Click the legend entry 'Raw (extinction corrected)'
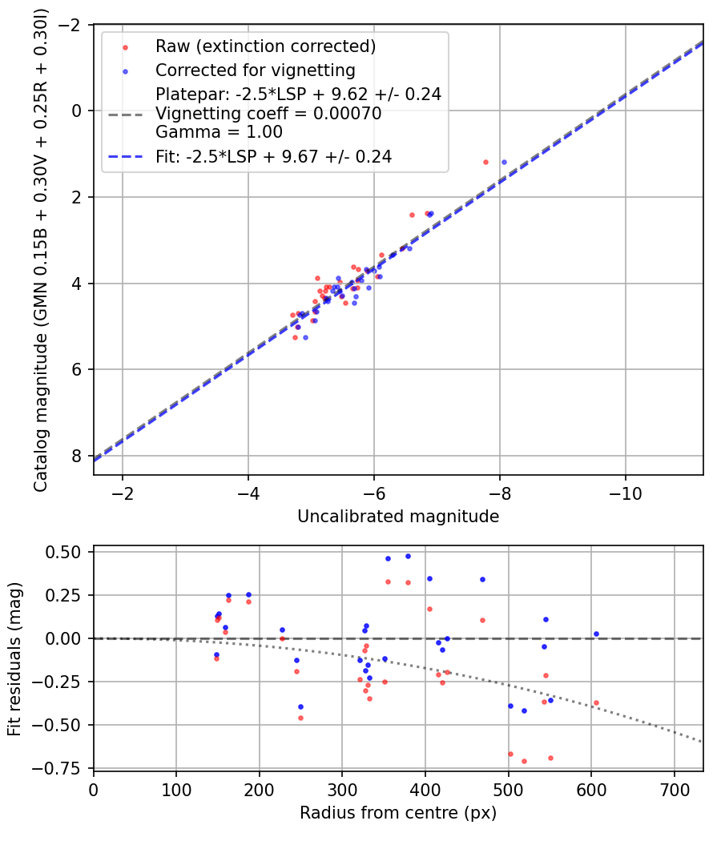[x=265, y=46]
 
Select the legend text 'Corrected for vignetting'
[x=256, y=70]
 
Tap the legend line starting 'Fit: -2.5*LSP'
[x=274, y=157]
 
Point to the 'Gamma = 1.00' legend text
[x=219, y=132]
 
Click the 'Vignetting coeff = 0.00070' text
[x=268, y=114]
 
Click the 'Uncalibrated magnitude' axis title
[x=398, y=517]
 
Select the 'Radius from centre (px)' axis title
[x=398, y=813]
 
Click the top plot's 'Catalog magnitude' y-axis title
[x=41, y=250]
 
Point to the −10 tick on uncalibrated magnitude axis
[x=626, y=493]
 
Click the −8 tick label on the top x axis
[x=500, y=493]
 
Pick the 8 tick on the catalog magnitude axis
[x=77, y=456]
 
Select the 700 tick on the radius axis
[x=675, y=790]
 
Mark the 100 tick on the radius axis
[x=176, y=790]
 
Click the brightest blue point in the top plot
[x=504, y=162]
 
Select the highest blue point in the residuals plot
[x=408, y=556]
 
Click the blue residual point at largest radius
[x=596, y=634]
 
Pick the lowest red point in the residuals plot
[x=524, y=761]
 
